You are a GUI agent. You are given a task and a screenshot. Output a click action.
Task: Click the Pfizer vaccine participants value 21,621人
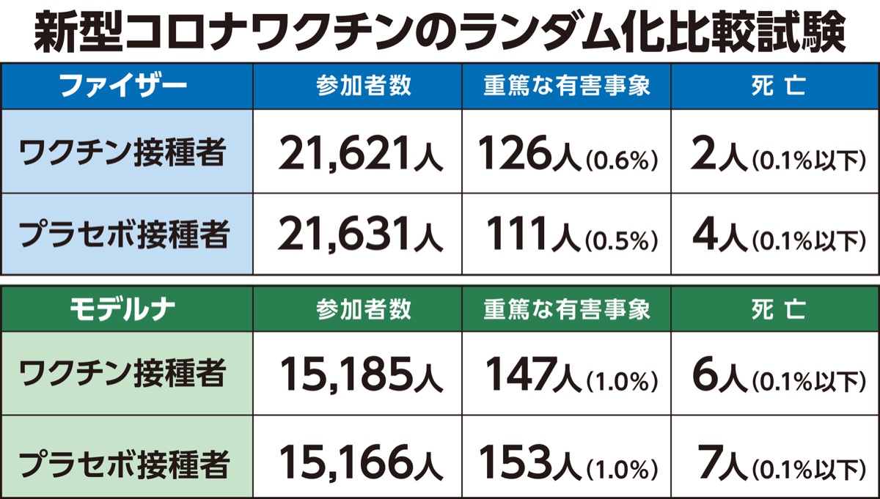click(360, 153)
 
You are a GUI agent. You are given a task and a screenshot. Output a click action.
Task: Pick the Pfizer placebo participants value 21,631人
click(360, 236)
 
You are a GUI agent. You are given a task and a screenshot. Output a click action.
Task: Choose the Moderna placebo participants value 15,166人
click(360, 459)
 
